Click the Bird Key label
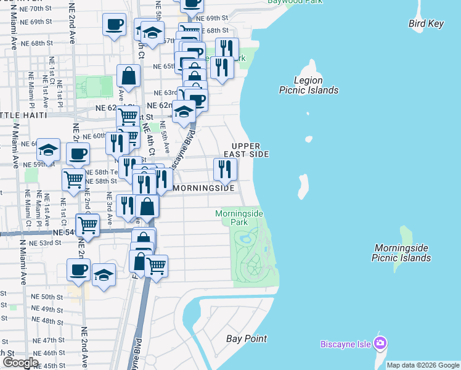(x=426, y=23)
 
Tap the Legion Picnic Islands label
(x=308, y=85)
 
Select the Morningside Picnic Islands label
(x=401, y=253)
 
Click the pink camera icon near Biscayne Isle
(x=380, y=343)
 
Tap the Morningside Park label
(x=240, y=217)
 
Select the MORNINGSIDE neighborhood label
(x=204, y=188)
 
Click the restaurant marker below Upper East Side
(x=225, y=169)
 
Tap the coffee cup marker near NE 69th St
(x=114, y=25)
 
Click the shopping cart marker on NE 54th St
(x=88, y=226)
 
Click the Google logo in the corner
(x=20, y=363)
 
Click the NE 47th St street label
(x=49, y=340)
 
